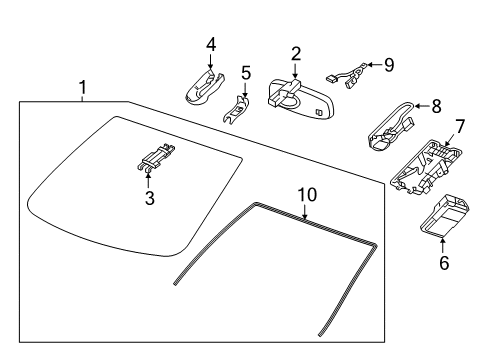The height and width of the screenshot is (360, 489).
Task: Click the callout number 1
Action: coord(82,88)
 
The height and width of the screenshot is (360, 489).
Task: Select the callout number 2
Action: coord(296,53)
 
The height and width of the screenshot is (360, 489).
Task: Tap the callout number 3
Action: coord(150,198)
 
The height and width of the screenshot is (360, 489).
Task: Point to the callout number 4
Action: coord(211,44)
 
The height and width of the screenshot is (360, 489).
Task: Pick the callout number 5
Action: coord(246,73)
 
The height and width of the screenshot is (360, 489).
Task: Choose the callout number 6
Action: coord(444,264)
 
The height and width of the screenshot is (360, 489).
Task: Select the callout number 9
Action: coord(388,65)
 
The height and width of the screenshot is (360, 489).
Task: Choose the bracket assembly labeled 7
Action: coord(425,163)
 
